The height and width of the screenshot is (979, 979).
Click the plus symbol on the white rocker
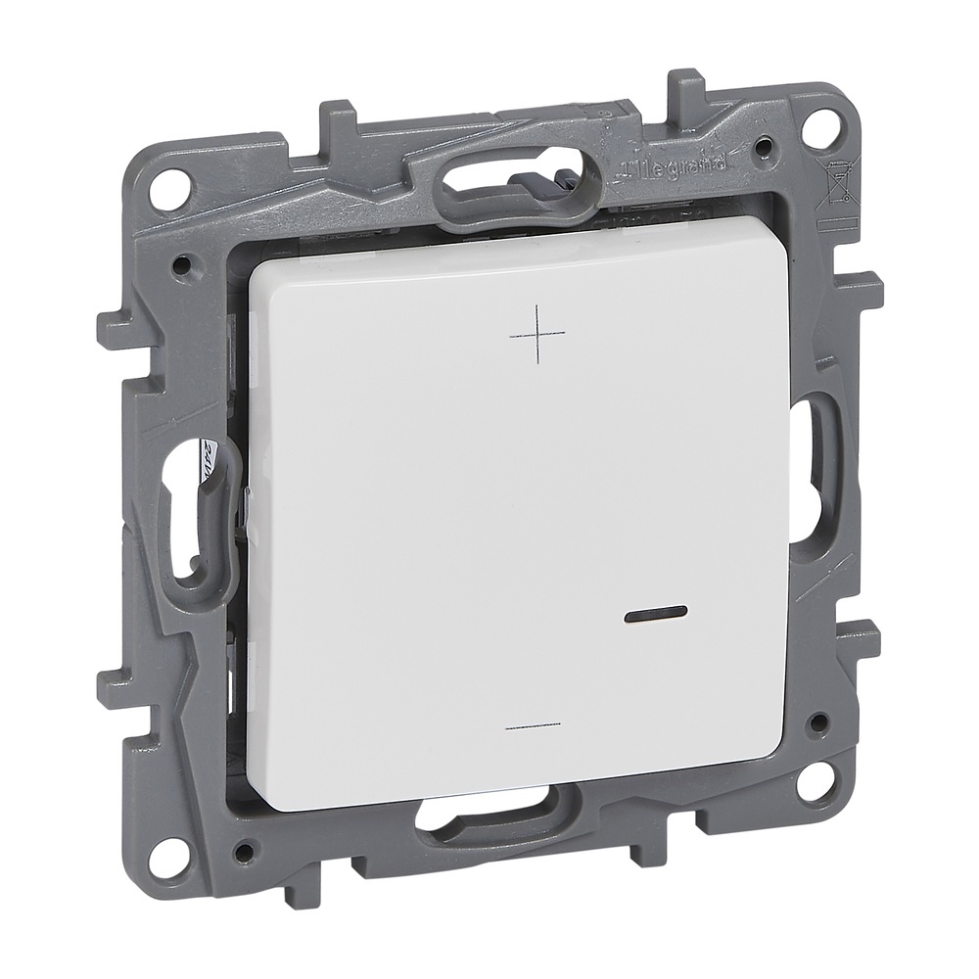tap(538, 333)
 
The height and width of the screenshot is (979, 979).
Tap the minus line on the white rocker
tap(536, 727)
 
